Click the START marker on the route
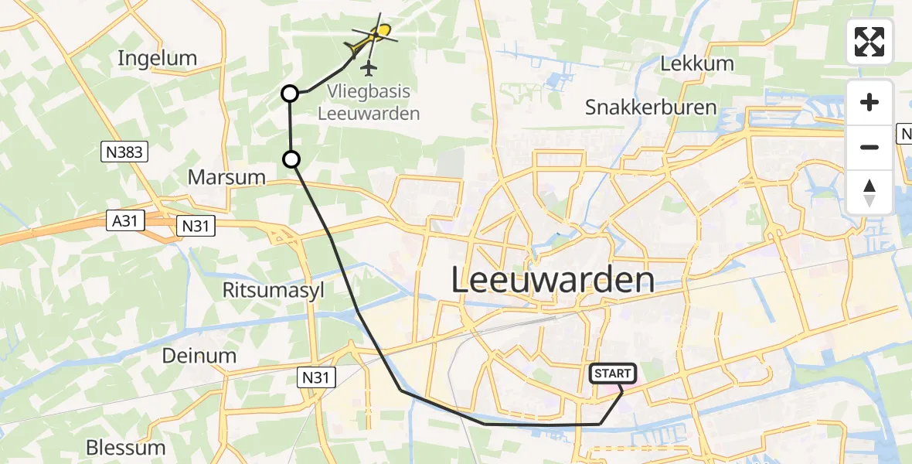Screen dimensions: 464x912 614,374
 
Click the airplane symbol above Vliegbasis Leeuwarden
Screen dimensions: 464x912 369,69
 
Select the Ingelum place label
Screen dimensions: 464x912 158,58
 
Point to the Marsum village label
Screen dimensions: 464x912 226,177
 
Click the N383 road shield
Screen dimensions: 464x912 124,152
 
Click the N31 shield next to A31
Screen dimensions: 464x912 196,225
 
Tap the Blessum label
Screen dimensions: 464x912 125,447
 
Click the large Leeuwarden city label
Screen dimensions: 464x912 552,280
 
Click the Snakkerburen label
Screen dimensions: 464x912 640,107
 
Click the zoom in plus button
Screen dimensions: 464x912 869,102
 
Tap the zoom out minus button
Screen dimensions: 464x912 869,147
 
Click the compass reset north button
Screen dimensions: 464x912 869,192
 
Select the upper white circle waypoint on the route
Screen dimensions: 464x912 289,94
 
